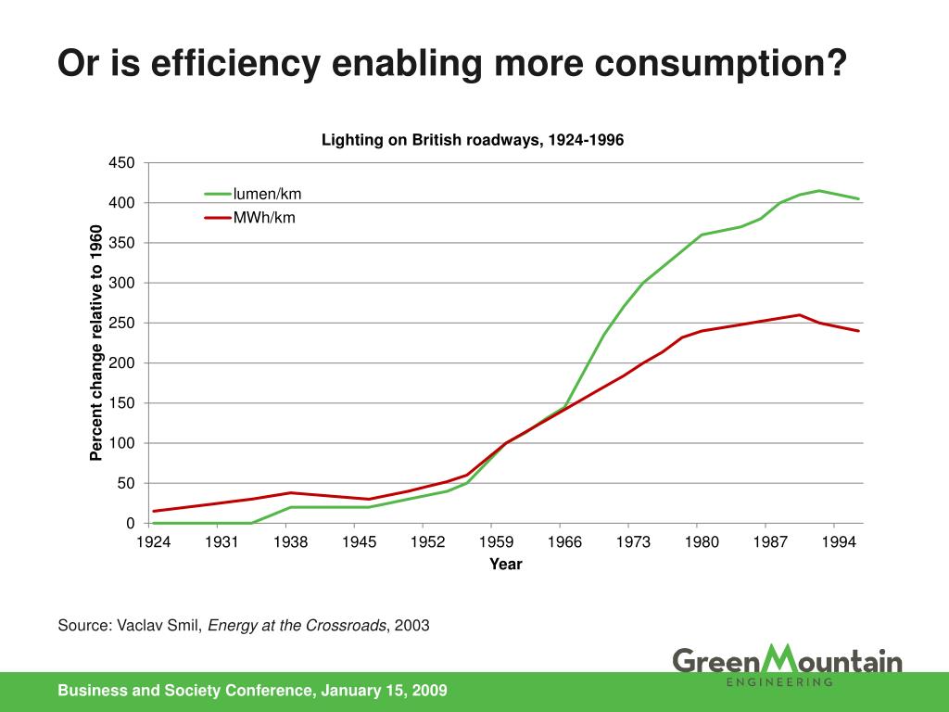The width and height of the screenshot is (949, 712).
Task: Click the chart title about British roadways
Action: point(473,140)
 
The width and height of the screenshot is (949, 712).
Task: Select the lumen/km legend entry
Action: point(267,194)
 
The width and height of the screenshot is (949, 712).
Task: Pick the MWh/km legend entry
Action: point(264,219)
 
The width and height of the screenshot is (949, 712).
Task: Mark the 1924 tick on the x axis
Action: point(153,541)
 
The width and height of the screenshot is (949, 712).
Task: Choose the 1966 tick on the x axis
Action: point(564,541)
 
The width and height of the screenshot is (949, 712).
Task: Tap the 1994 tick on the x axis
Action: point(839,541)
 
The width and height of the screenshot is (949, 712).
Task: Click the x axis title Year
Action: point(506,564)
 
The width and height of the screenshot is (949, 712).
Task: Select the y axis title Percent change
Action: point(95,343)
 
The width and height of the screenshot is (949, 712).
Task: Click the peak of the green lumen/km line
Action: point(819,190)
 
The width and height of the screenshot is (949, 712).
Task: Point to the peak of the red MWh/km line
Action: point(800,314)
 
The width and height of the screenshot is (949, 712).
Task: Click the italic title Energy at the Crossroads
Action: point(297,625)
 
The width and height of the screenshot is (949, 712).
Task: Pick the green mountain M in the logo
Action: point(771,659)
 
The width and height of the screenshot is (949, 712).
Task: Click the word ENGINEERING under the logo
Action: point(778,682)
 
